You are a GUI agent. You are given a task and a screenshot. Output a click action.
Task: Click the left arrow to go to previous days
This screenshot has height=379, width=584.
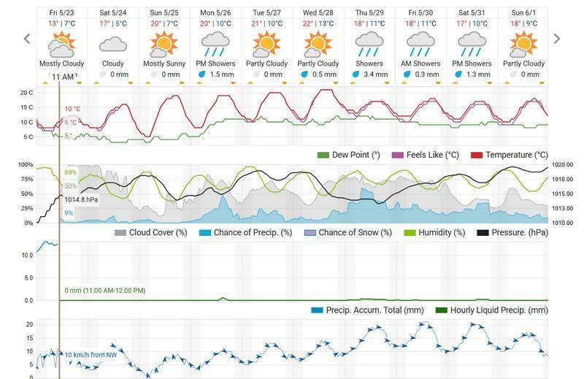pos(27,39)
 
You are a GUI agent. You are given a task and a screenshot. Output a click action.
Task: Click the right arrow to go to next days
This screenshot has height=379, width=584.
pos(557,39)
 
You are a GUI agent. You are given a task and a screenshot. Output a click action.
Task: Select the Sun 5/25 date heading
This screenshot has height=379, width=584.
pos(164,12)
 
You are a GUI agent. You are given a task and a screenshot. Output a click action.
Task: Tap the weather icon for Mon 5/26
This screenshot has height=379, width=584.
pos(215,45)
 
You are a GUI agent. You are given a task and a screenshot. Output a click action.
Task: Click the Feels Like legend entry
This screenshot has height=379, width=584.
pos(430,155)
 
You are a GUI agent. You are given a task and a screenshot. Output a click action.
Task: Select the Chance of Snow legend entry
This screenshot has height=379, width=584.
pos(347,232)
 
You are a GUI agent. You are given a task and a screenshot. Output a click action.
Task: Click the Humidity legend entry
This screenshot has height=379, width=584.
pos(435,232)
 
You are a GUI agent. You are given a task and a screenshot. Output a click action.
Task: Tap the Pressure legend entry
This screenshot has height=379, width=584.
pos(512,232)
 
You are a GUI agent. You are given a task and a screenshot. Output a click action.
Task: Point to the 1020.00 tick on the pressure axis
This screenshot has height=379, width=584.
pos(563,165)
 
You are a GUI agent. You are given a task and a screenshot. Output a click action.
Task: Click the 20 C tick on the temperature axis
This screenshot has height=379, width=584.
pos(26,93)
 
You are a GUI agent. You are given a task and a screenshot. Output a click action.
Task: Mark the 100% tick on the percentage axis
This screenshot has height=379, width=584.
pos(26,165)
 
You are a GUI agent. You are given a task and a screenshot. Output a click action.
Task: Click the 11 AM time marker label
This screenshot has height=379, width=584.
pos(63,77)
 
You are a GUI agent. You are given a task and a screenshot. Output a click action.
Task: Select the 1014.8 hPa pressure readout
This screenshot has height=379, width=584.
pos(81,199)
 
